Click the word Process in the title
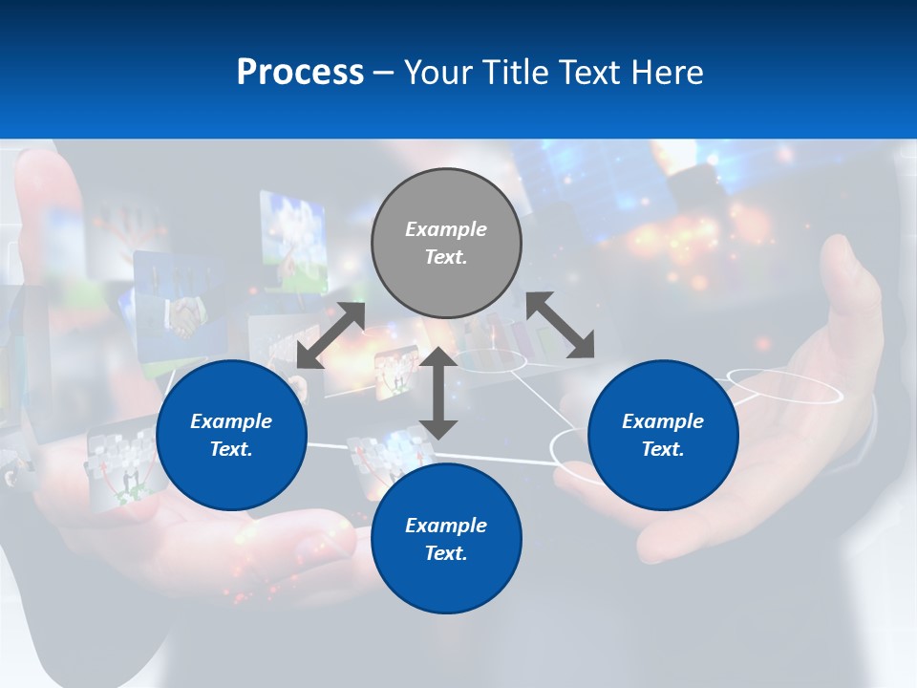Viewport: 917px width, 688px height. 300,73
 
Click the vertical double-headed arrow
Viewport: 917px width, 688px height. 438,393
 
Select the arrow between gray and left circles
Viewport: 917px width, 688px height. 331,335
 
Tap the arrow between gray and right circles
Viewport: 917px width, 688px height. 561,325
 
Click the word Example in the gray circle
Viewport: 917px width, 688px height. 446,229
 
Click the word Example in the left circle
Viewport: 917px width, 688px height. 231,421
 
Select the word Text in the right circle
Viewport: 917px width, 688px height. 662,449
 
